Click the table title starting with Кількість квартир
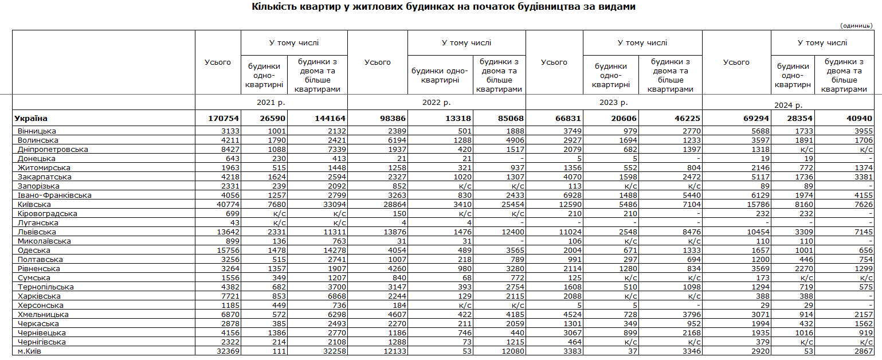[x=444, y=7]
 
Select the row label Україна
[x=32, y=119]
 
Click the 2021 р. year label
[x=271, y=103]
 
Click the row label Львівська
[x=37, y=232]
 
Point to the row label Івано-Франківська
[x=54, y=195]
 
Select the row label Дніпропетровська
[x=53, y=150]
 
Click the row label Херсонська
[x=41, y=306]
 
